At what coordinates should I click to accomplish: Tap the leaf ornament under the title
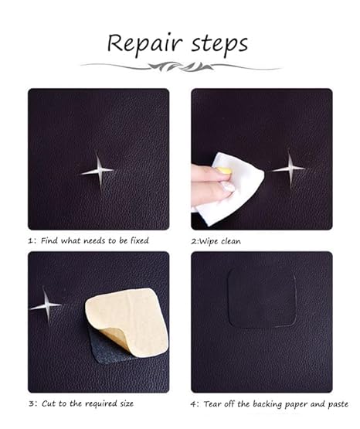click(x=181, y=66)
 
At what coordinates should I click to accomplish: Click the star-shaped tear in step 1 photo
click(x=98, y=171)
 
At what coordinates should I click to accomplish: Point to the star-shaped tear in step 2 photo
click(x=290, y=169)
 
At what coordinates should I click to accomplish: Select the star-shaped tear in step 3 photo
click(x=46, y=305)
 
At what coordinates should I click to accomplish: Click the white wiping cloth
click(x=229, y=189)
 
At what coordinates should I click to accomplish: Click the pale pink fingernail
click(x=228, y=188)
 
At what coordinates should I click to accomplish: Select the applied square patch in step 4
click(x=262, y=298)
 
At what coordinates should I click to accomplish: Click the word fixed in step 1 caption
click(x=139, y=240)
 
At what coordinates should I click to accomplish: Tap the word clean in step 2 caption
click(x=231, y=241)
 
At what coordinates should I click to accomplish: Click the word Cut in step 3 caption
click(x=49, y=403)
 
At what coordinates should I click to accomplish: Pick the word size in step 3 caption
click(x=127, y=403)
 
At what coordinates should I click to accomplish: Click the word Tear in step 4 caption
click(x=212, y=404)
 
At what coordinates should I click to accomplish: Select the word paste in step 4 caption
click(x=338, y=404)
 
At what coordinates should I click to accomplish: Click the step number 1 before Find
click(x=30, y=240)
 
